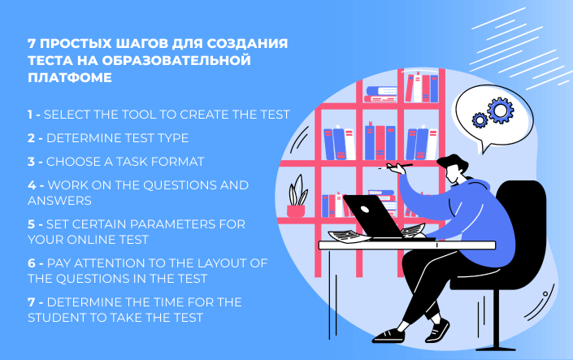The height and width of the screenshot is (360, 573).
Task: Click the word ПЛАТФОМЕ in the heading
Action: pos(70,77)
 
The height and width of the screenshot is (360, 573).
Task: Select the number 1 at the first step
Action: pos(30,115)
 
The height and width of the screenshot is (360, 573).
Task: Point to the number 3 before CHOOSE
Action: pos(31,162)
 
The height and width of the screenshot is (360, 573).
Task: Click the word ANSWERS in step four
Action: pos(59,201)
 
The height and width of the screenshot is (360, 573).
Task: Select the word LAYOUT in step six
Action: pos(220,263)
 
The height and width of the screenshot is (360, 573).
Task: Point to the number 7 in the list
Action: pos(31,302)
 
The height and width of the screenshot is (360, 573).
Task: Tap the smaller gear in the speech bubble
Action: pos(480,120)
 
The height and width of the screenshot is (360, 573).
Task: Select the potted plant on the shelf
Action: pos(297,197)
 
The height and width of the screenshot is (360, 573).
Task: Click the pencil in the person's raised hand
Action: pos(400,166)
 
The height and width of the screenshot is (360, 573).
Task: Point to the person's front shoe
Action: pos(389,335)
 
